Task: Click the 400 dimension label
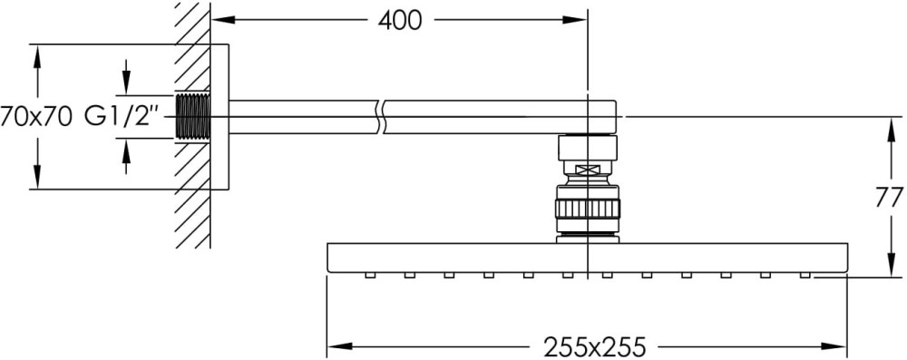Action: coord(400,21)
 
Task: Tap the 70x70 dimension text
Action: coord(36,117)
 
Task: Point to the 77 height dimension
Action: coord(890,199)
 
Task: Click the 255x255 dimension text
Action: coord(594,347)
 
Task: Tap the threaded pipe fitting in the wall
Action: coord(192,116)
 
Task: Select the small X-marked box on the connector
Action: coord(587,170)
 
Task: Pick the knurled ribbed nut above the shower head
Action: coord(587,208)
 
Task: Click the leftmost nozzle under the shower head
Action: coord(370,275)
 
